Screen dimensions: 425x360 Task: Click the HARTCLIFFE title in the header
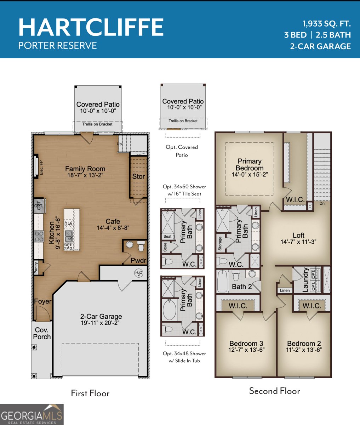[x=91, y=27]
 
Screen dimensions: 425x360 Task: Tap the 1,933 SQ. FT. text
[x=326, y=24]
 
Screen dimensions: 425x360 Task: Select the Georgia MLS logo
[x=32, y=415]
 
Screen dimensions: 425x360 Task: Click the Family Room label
[x=85, y=169]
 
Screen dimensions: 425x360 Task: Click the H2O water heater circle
[x=138, y=273]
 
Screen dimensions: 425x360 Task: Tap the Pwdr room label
[x=138, y=261]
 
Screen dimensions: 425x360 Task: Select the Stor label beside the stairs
[x=138, y=176]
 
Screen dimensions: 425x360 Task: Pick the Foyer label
[x=43, y=301]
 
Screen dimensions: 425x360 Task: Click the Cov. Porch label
[x=42, y=333]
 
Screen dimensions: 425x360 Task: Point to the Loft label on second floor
[x=298, y=236]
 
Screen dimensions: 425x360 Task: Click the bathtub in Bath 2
[x=223, y=281]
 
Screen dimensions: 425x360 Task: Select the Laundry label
[x=305, y=280]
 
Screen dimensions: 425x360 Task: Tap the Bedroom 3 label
[x=246, y=343]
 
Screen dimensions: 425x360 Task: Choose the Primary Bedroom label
[x=249, y=164]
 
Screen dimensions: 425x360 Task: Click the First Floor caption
[x=90, y=393]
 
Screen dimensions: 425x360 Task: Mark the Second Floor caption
[x=274, y=391]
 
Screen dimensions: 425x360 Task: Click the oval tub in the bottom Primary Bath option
[x=169, y=310]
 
